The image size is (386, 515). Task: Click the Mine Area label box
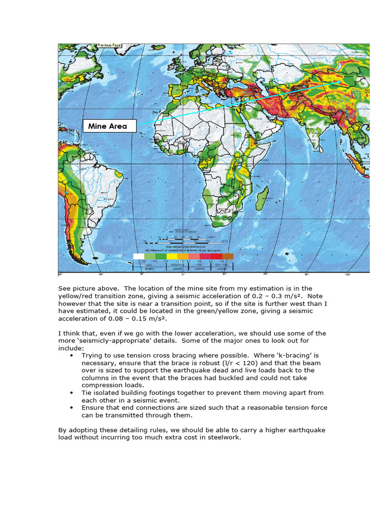pyautogui.click(x=110, y=126)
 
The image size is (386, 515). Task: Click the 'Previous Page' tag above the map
pyautogui.click(x=109, y=45)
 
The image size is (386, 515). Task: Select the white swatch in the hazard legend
pyautogui.click(x=138, y=256)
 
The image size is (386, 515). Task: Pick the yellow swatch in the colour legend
pyautogui.click(x=172, y=256)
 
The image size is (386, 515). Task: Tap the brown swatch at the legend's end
pyautogui.click(x=228, y=256)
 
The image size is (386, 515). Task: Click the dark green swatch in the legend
pyautogui.click(x=161, y=256)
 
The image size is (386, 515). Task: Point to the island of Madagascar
pyautogui.click(x=261, y=197)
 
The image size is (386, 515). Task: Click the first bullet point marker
pyautogui.click(x=72, y=356)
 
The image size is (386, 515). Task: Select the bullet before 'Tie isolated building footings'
pyautogui.click(x=72, y=393)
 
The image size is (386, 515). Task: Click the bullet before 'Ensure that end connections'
pyautogui.click(x=72, y=408)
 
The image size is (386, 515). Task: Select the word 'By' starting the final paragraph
pyautogui.click(x=62, y=430)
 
